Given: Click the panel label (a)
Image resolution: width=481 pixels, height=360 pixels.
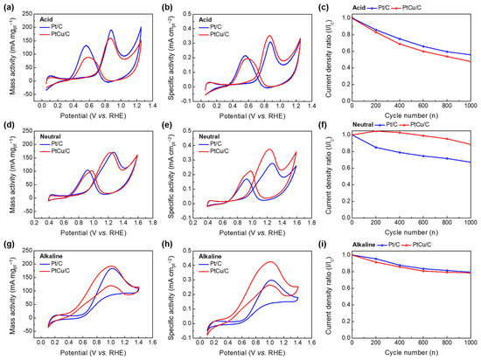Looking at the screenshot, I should pos(8,6).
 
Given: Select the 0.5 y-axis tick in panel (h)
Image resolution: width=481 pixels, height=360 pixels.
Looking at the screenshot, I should pos(186,253).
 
